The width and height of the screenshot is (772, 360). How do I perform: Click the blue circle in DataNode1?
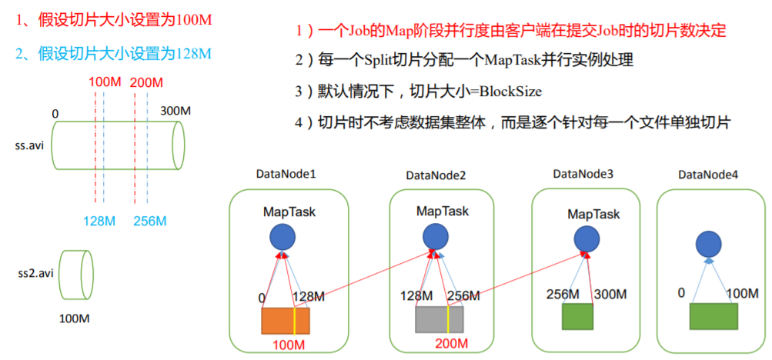(281, 238)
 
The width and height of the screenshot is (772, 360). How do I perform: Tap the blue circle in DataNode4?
(708, 245)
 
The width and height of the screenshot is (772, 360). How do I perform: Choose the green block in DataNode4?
(713, 317)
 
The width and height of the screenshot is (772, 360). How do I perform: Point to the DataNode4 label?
(708, 175)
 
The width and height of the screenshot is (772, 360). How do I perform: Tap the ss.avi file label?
(30, 144)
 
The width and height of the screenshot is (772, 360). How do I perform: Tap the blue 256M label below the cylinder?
(149, 222)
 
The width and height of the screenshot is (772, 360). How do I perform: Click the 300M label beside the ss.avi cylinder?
(175, 112)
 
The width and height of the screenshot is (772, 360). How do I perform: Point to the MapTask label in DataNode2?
(442, 210)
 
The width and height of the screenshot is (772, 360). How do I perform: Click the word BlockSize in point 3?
(510, 92)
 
